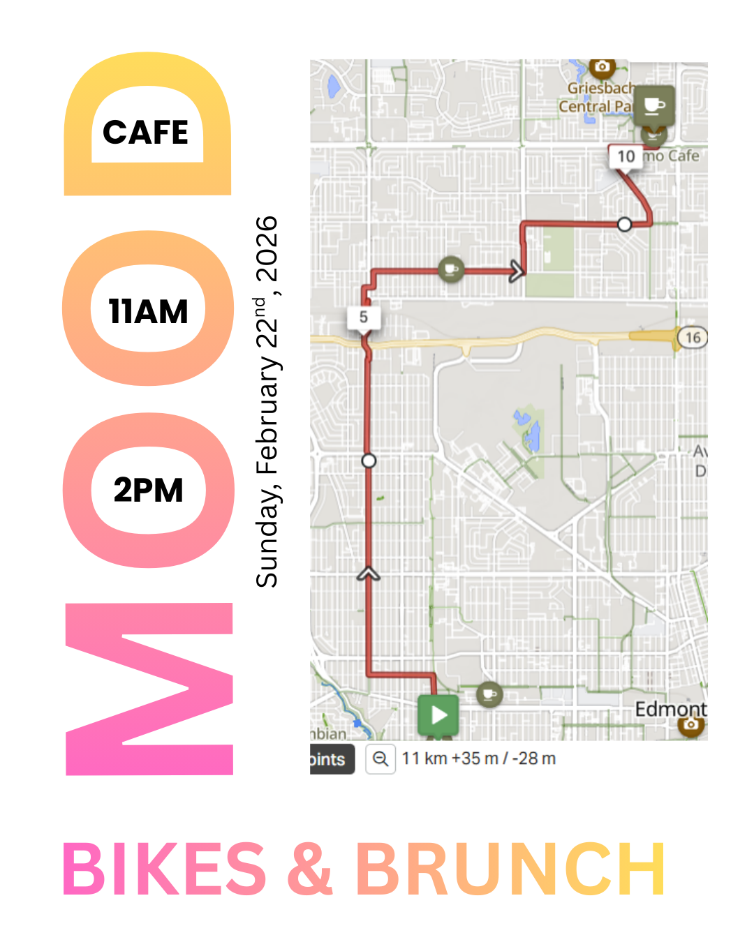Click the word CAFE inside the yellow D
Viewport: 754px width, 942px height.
coord(146,132)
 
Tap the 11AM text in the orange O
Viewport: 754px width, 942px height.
coord(148,311)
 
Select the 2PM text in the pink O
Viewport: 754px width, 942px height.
coord(148,490)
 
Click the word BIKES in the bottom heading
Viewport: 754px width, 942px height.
coord(165,869)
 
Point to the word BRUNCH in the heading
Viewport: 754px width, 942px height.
coord(510,869)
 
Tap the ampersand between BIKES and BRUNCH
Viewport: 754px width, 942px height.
coord(310,869)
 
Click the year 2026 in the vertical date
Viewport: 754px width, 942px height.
coord(267,248)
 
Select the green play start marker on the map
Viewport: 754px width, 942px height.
coord(438,715)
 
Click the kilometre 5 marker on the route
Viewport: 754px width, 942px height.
coord(364,317)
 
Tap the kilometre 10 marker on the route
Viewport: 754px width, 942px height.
coord(626,156)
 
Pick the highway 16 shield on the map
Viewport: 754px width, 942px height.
coord(692,338)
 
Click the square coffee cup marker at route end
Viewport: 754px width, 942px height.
coord(654,105)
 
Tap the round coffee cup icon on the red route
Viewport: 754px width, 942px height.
coord(451,269)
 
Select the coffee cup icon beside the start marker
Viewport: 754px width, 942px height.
coord(489,694)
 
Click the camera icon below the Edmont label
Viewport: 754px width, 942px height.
coord(690,724)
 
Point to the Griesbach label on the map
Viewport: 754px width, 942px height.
coord(599,89)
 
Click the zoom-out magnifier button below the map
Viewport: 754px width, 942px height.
coord(380,759)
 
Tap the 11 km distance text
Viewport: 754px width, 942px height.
coord(424,758)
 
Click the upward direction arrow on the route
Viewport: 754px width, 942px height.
coord(369,574)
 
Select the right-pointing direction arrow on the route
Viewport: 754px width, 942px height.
coord(517,271)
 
